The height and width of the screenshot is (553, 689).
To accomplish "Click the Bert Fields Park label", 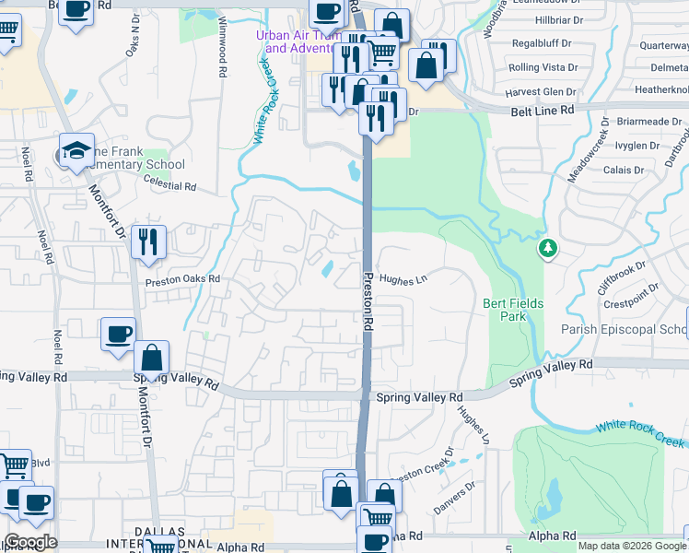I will (513, 310).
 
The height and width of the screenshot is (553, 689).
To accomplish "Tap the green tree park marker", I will (548, 248).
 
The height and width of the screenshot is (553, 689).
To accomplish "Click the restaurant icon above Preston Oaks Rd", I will (148, 242).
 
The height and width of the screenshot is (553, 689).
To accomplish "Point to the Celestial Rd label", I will (170, 186).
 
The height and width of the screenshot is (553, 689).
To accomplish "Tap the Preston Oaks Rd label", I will (183, 279).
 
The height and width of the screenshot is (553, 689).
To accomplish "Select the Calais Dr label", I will (624, 171).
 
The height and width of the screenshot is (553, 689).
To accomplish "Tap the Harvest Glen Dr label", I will (541, 92).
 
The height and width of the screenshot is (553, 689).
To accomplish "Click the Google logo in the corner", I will (30, 542).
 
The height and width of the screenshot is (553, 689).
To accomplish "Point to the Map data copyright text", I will (631, 546).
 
